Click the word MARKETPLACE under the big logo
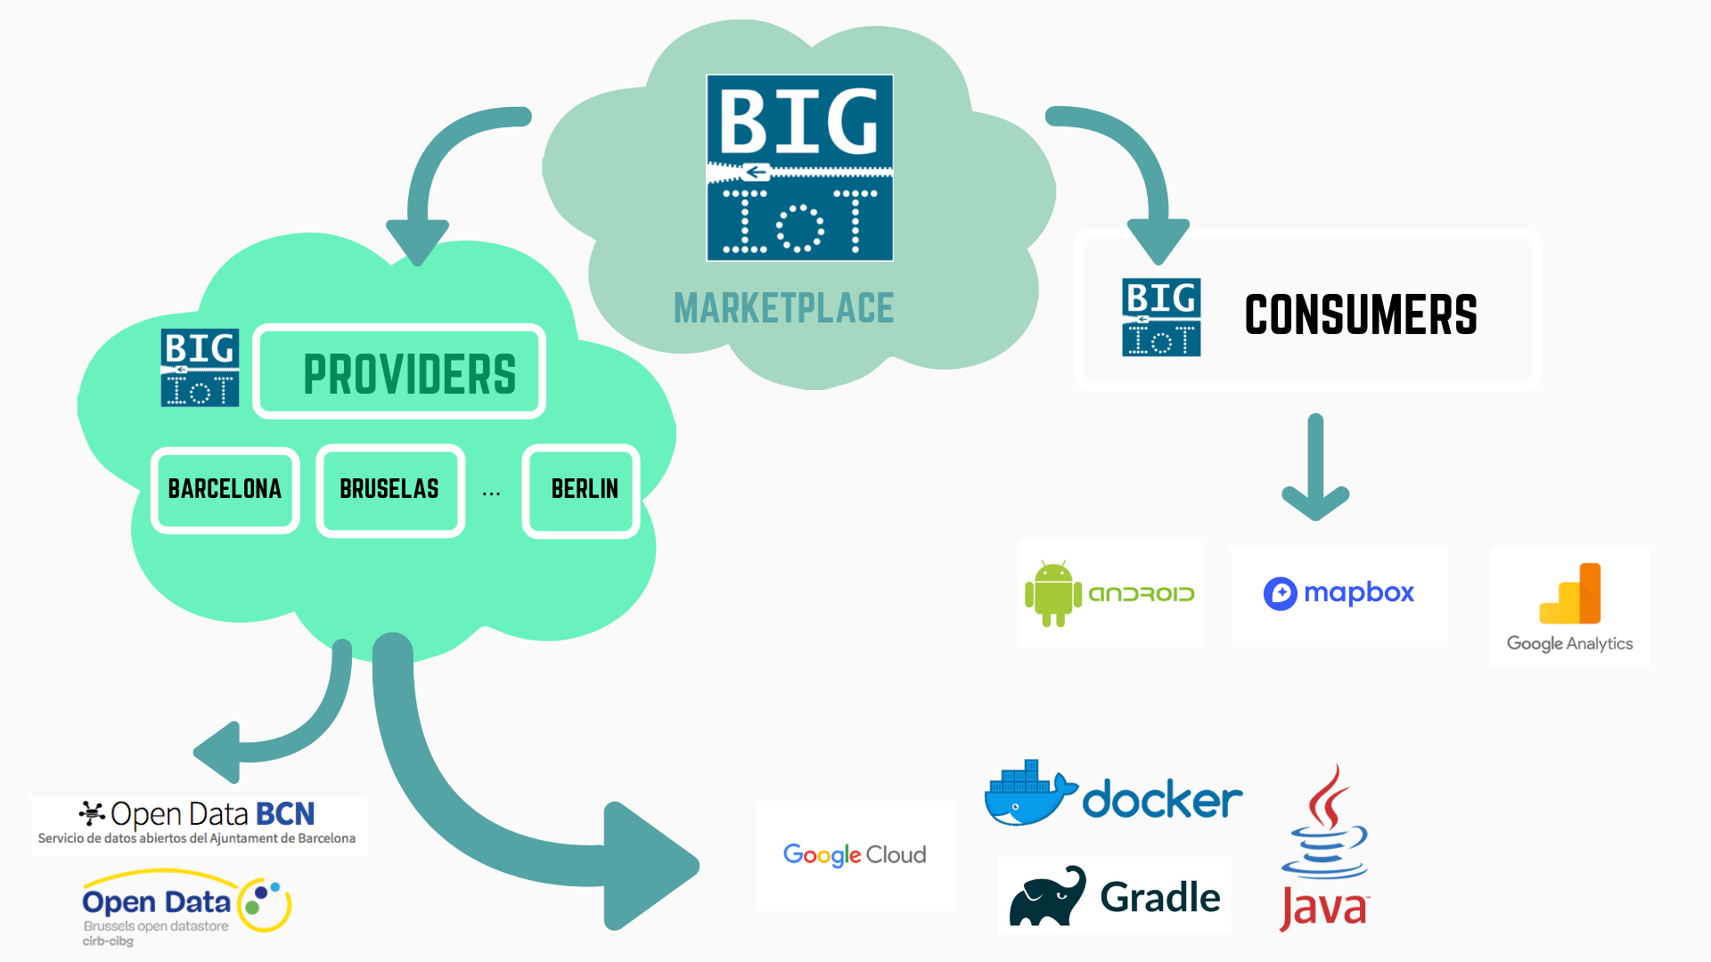click(x=783, y=309)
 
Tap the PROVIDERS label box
click(x=400, y=372)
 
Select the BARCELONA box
click(x=225, y=490)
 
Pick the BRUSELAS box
click(x=389, y=490)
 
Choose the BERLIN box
click(x=583, y=490)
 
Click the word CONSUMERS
click(x=1360, y=315)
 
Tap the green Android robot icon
click(x=1053, y=594)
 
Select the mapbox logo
click(x=1339, y=593)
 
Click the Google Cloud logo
click(x=855, y=855)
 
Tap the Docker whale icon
click(x=1025, y=795)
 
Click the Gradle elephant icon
click(x=1048, y=897)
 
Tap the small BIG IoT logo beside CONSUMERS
click(x=1161, y=317)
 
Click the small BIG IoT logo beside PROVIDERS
click(x=200, y=368)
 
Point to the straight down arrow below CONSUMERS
click(x=1315, y=467)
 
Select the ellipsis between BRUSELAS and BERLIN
click(x=491, y=493)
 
